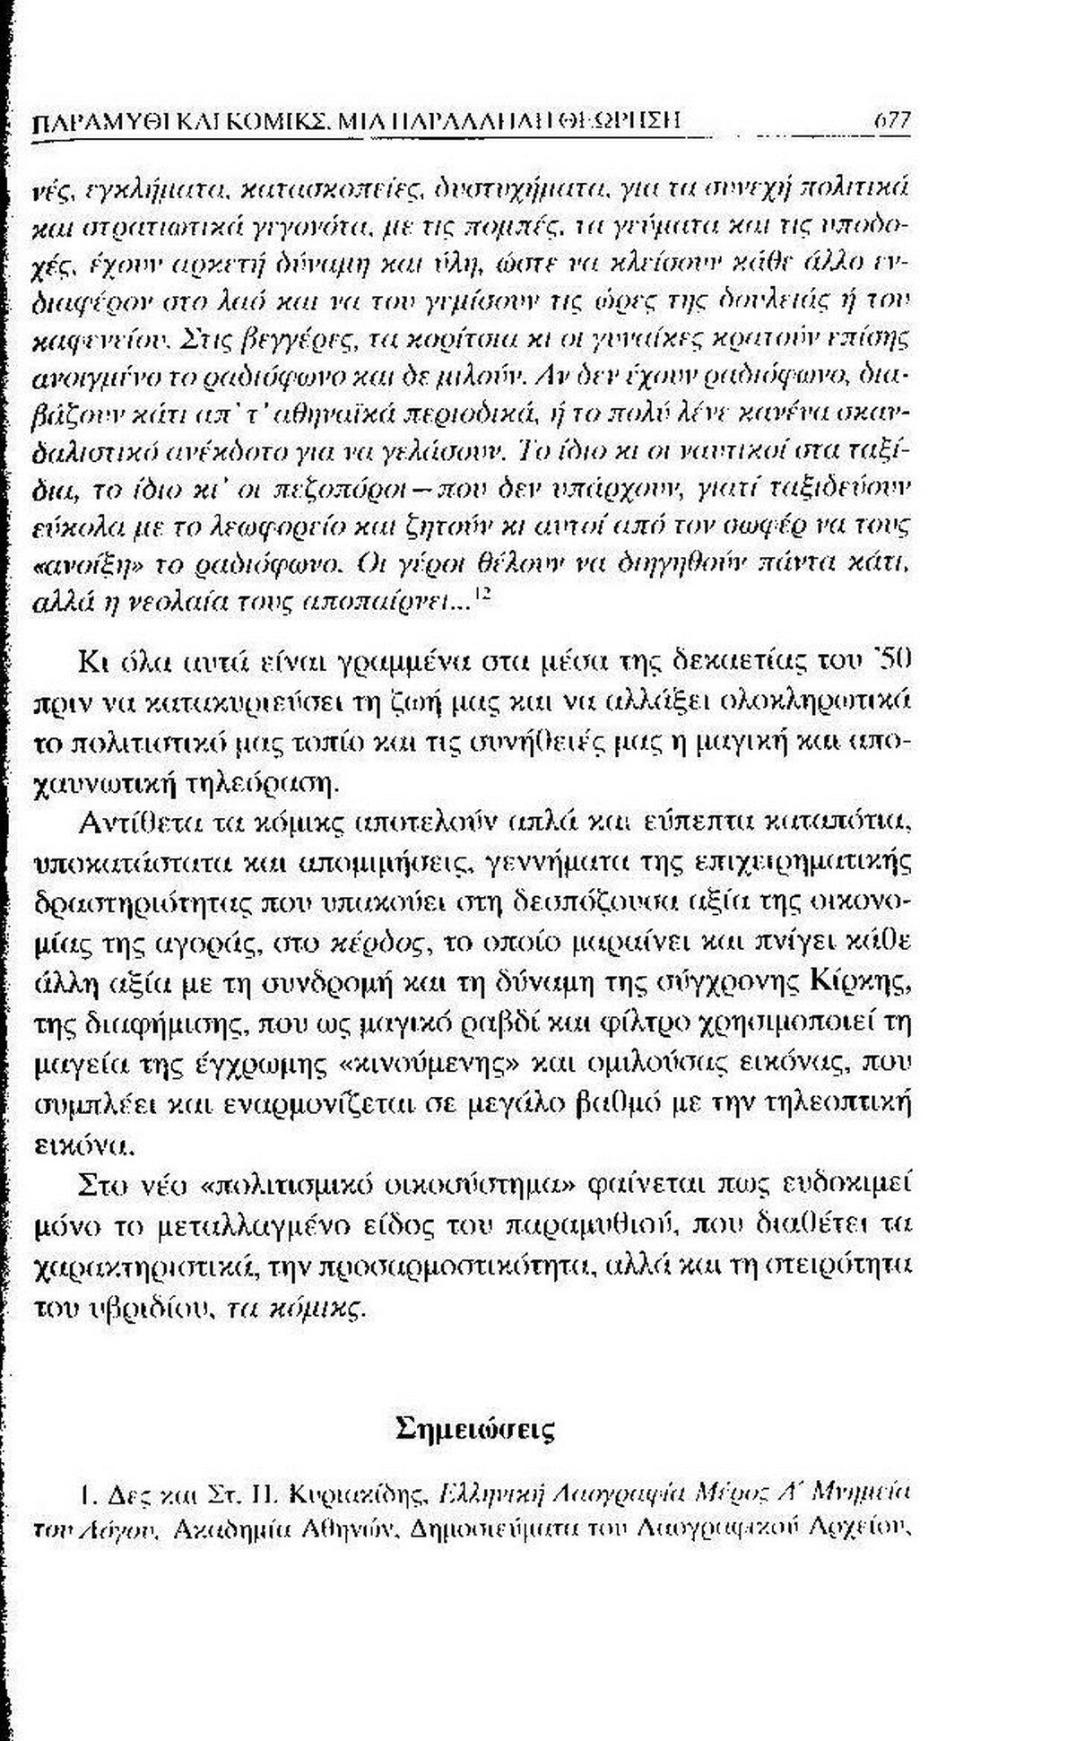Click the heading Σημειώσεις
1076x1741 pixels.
(x=475, y=1427)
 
